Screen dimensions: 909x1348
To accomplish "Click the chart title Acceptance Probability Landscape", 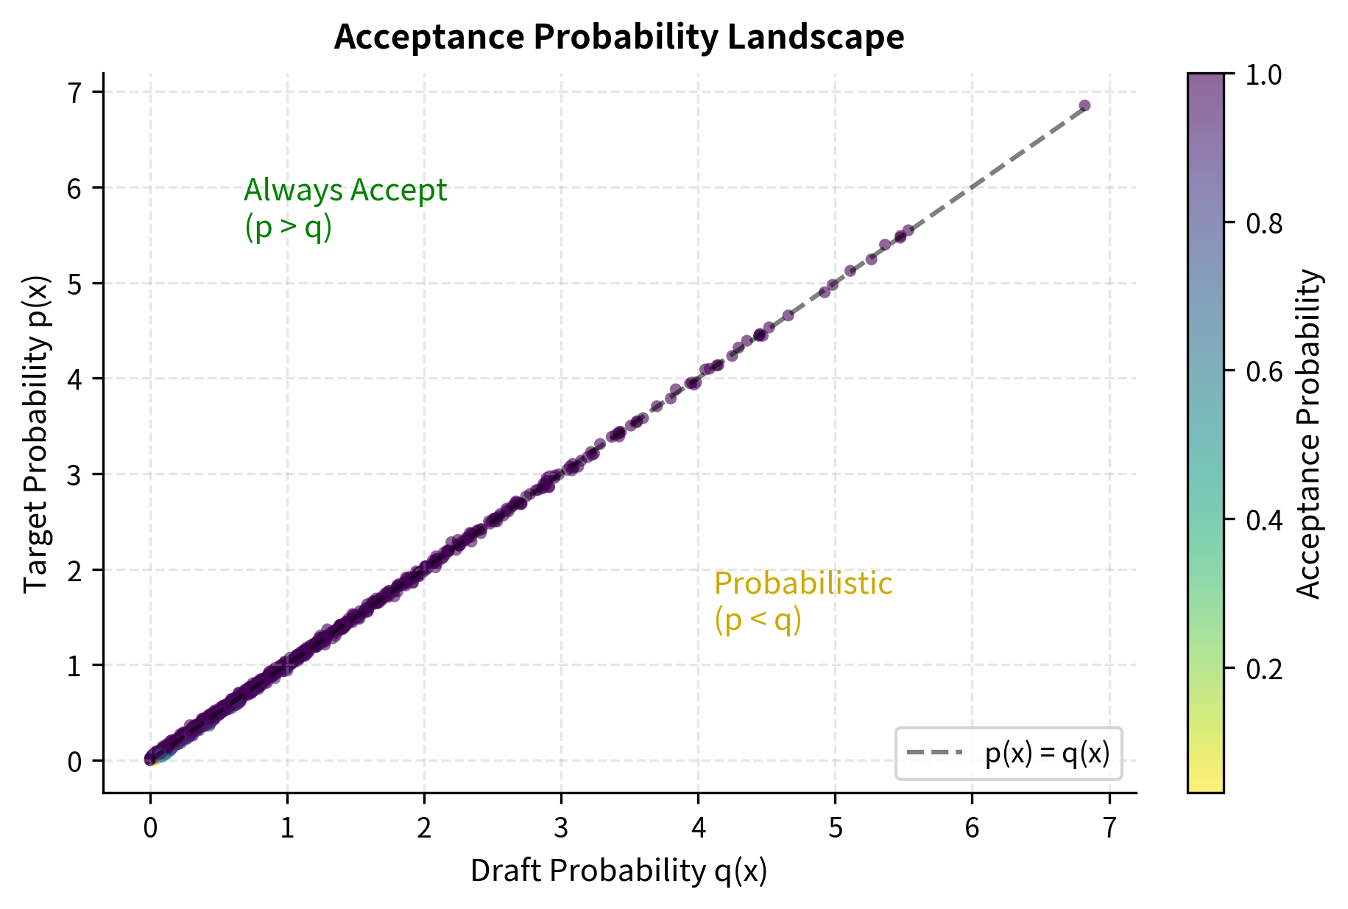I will coord(618,37).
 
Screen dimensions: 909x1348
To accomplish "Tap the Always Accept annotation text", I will coord(345,191).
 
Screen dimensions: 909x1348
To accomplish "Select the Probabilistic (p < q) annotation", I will coord(802,601).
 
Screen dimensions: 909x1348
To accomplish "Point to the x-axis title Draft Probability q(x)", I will coord(618,871).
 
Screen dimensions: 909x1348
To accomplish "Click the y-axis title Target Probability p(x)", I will coord(35,434).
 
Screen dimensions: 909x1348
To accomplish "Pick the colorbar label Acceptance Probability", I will coord(1308,434).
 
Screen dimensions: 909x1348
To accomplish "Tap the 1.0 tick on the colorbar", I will coord(1263,74).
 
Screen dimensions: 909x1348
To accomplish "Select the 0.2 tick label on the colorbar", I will coord(1263,668).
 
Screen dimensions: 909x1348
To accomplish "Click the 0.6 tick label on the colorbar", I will coord(1263,371).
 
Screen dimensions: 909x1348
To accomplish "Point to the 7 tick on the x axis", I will coord(1109,829).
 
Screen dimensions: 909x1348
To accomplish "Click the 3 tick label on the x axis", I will coord(561,829).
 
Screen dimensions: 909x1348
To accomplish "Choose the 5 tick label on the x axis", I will coord(835,829).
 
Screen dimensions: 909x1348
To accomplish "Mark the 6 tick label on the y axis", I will coord(74,188).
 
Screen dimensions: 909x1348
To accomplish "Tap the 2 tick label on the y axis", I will coord(74,570).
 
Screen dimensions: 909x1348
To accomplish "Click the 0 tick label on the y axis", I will coord(74,761).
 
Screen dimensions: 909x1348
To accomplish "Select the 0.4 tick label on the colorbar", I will coord(1263,520).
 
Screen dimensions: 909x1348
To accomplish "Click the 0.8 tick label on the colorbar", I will coord(1263,222).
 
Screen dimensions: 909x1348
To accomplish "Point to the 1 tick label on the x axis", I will coord(287,829).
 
